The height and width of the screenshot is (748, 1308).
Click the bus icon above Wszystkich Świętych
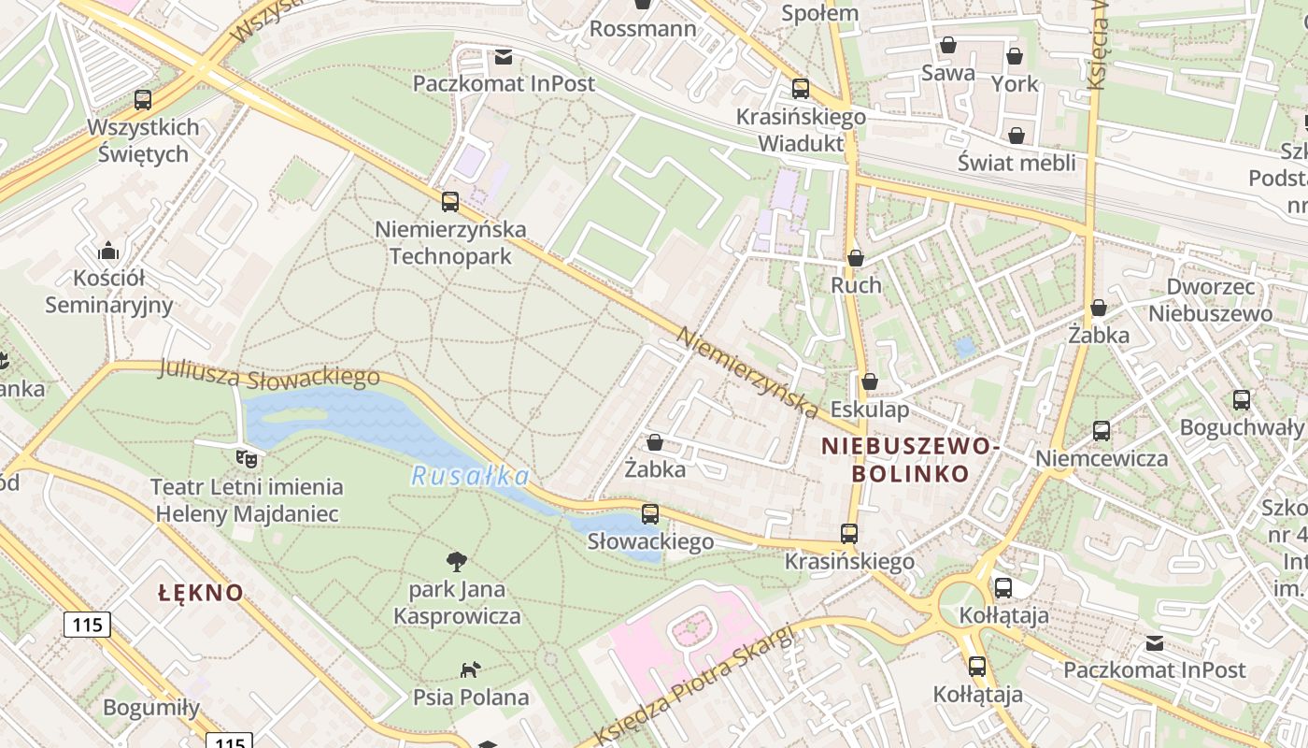(x=143, y=99)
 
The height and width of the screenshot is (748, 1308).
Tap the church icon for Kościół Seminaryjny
(x=108, y=251)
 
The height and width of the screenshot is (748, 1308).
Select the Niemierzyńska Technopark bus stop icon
(x=450, y=201)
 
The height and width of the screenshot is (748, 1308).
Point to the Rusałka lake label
(x=470, y=477)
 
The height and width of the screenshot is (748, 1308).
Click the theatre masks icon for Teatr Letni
(x=247, y=458)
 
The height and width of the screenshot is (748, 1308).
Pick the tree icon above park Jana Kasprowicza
(x=457, y=561)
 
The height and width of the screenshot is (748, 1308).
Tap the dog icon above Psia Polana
(x=470, y=669)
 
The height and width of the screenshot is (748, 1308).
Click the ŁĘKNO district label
(x=201, y=593)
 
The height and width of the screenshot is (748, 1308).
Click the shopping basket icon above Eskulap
(x=870, y=381)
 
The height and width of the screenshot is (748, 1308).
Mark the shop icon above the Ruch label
(x=856, y=257)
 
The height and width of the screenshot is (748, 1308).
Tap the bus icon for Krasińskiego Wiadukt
(x=801, y=89)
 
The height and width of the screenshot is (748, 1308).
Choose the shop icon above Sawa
(x=948, y=45)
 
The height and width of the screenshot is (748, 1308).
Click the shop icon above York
(x=1015, y=56)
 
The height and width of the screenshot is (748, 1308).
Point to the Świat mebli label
(x=1017, y=163)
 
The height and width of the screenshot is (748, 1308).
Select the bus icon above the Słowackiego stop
(x=650, y=513)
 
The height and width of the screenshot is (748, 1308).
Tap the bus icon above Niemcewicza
(x=1102, y=431)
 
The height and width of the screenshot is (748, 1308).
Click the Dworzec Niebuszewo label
(x=1211, y=300)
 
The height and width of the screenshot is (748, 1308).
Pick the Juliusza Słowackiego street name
(x=269, y=375)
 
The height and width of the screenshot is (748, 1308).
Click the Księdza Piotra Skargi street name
(x=695, y=685)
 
